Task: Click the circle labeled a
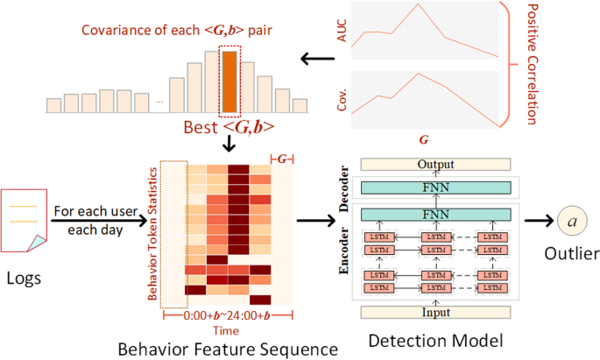pyautogui.click(x=572, y=222)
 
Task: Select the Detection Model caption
pyautogui.click(x=424, y=340)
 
